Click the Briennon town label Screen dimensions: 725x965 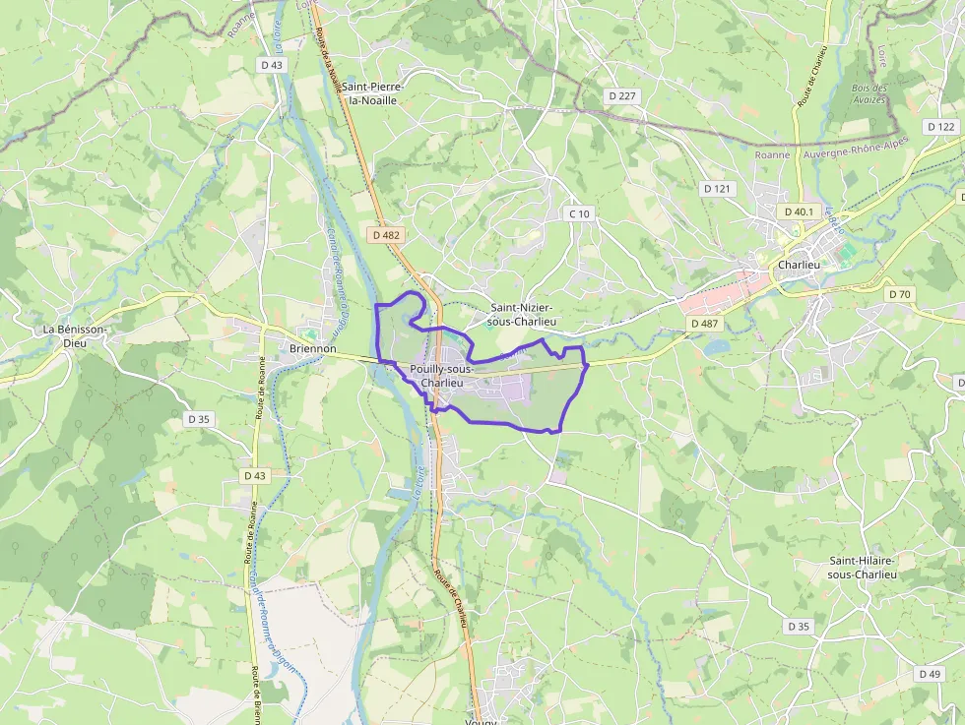coord(313,348)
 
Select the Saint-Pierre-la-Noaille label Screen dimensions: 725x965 coord(372,93)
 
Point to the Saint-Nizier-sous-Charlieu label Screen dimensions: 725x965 coord(523,314)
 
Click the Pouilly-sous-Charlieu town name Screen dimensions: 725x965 coord(442,376)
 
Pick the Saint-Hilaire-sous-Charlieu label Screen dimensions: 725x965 coord(863,567)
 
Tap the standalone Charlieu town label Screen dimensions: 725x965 coord(799,265)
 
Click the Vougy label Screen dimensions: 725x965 coord(482,719)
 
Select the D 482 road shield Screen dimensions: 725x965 coord(387,235)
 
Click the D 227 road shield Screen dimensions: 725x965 coord(622,95)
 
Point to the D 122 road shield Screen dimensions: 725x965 coord(941,127)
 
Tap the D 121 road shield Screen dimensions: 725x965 coord(719,188)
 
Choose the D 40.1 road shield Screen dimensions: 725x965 coord(799,211)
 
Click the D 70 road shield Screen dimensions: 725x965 coord(899,294)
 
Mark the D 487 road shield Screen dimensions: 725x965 coord(706,323)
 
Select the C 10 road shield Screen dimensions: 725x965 coord(580,213)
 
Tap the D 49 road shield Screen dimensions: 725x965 coord(929,674)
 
